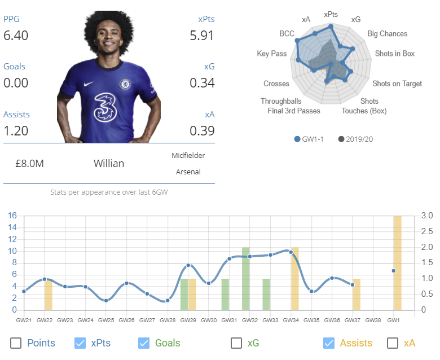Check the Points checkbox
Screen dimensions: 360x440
[16, 343]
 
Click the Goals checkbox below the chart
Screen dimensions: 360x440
[144, 343]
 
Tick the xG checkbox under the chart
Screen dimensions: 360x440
[237, 343]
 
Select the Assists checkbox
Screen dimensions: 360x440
[329, 343]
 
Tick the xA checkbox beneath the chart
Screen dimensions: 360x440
[393, 343]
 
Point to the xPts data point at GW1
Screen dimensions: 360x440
[394, 271]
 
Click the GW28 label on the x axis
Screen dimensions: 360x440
[168, 320]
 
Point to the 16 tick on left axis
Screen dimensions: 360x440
[12, 216]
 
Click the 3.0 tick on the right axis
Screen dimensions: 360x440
[427, 216]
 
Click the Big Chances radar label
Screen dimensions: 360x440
[387, 34]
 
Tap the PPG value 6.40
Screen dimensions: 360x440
[16, 36]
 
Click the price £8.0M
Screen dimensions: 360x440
[30, 164]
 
